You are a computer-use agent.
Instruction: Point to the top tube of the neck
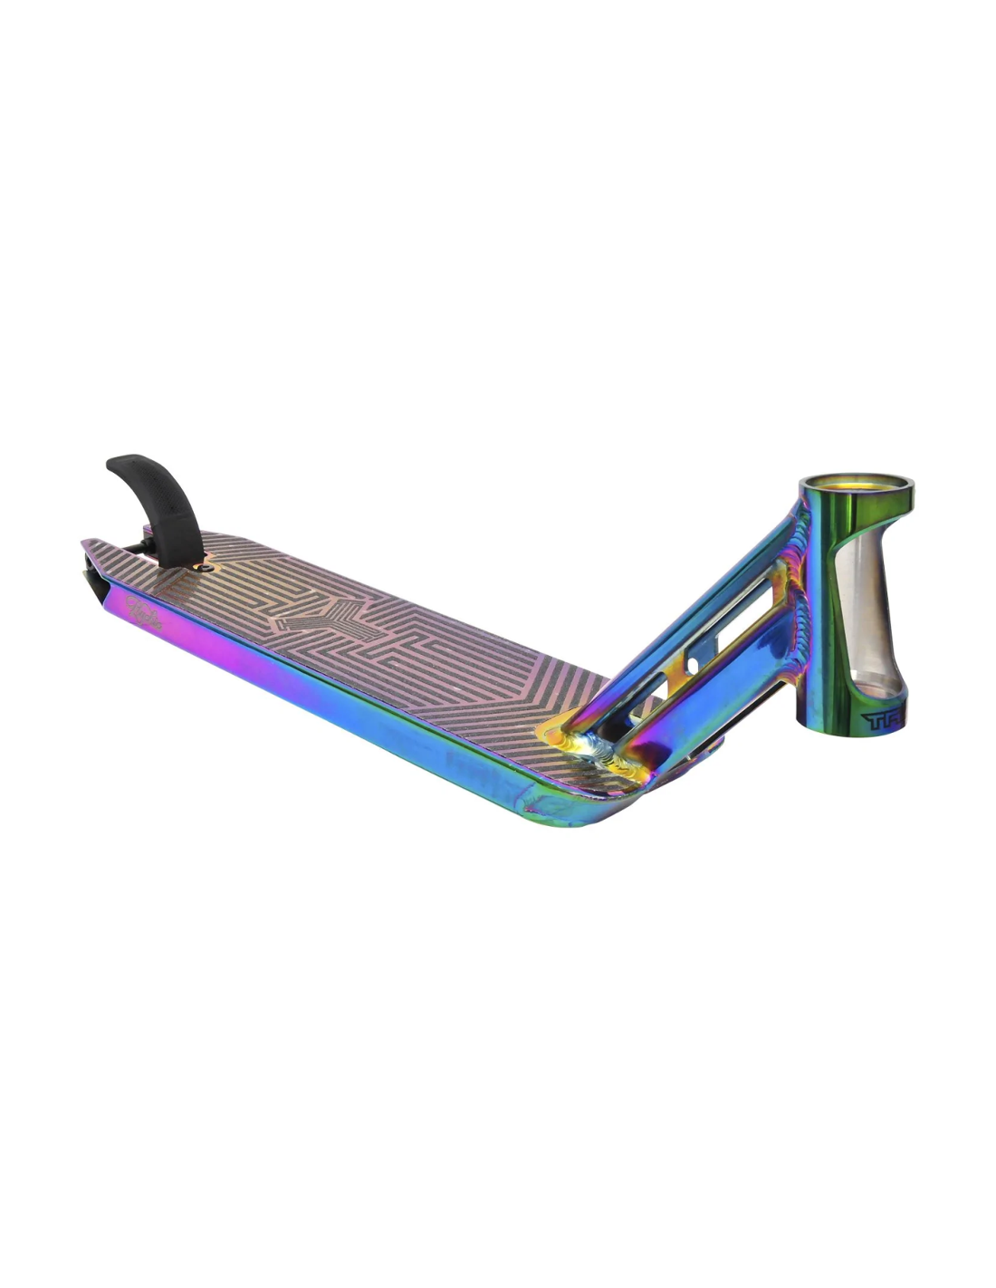[x=724, y=580]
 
